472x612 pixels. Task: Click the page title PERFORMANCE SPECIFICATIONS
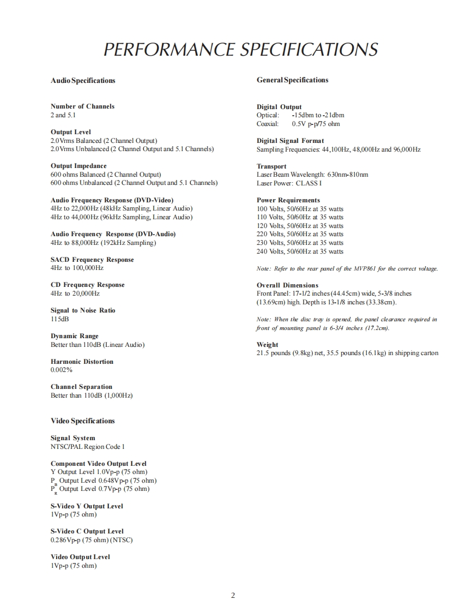click(240, 50)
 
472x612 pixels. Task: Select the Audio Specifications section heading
click(83, 81)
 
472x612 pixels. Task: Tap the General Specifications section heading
click(292, 80)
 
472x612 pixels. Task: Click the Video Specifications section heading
click(83, 421)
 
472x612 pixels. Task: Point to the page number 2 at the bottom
click(233, 595)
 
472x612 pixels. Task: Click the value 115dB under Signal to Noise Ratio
click(59, 319)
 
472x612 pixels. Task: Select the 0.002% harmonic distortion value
click(62, 370)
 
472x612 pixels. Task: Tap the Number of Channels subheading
click(82, 106)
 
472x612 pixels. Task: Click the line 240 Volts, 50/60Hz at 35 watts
click(300, 251)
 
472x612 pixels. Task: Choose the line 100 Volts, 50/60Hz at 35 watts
click(300, 209)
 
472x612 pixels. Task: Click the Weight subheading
click(267, 345)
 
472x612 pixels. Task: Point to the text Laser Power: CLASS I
click(289, 183)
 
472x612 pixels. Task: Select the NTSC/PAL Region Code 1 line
click(88, 447)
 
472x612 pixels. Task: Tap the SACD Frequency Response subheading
click(92, 260)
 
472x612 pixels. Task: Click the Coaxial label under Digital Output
click(267, 124)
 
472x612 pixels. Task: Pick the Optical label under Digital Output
click(267, 115)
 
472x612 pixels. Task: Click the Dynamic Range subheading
click(75, 336)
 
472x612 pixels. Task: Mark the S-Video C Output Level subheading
click(87, 531)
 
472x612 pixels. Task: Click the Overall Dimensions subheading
click(287, 285)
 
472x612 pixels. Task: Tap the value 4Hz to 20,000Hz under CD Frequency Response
click(75, 293)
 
